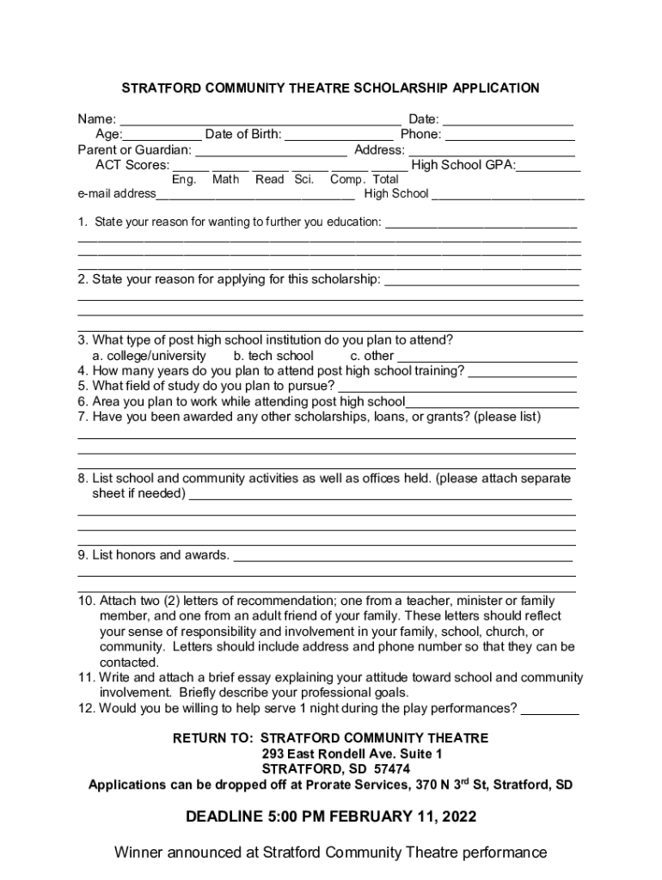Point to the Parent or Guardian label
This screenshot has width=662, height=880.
pyautogui.click(x=134, y=150)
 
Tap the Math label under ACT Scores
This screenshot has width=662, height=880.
pyautogui.click(x=225, y=180)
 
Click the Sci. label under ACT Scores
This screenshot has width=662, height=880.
pyautogui.click(x=304, y=180)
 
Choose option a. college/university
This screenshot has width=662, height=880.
pyautogui.click(x=150, y=356)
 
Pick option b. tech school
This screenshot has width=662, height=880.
pyautogui.click(x=273, y=356)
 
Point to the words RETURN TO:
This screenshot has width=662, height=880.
pyautogui.click(x=212, y=738)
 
